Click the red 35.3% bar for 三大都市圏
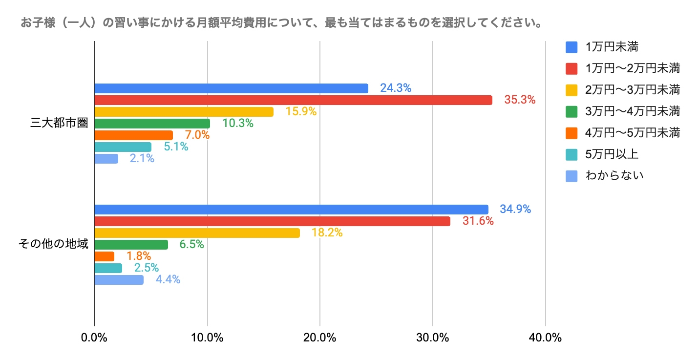click(x=293, y=100)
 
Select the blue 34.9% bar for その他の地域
click(x=291, y=210)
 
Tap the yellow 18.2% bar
click(x=197, y=233)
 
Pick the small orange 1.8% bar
click(x=104, y=256)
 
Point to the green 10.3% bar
click(x=152, y=124)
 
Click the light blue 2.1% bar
click(x=106, y=159)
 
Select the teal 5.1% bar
click(x=123, y=147)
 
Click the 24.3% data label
click(x=396, y=88)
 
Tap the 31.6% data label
click(x=478, y=221)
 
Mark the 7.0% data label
click(x=197, y=135)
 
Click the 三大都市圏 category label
click(x=59, y=124)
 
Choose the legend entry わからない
click(x=614, y=175)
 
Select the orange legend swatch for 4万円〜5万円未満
click(x=571, y=132)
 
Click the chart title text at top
click(x=281, y=23)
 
